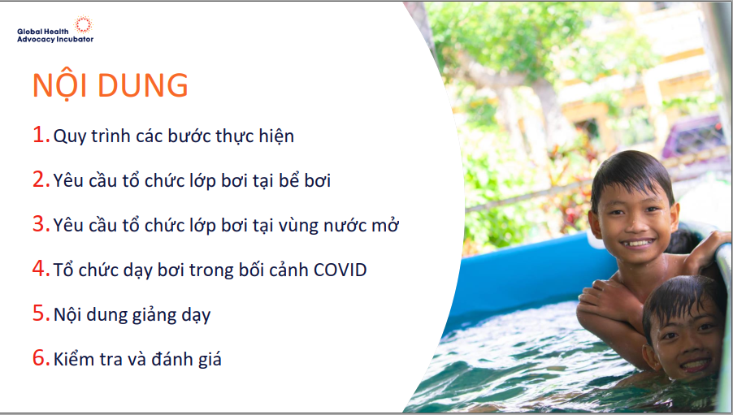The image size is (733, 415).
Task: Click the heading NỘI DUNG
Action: pyautogui.click(x=111, y=85)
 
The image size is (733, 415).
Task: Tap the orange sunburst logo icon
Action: pyautogui.click(x=84, y=24)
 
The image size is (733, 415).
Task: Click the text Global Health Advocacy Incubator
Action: pyautogui.click(x=55, y=36)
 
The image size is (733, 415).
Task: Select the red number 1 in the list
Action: pyautogui.click(x=41, y=135)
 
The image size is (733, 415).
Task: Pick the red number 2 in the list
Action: pyautogui.click(x=41, y=179)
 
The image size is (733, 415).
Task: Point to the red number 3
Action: pyautogui.click(x=41, y=224)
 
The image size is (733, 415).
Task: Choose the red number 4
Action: pyautogui.click(x=41, y=268)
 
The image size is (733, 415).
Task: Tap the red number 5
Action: pyautogui.click(x=41, y=313)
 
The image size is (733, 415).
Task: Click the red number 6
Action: pyautogui.click(x=41, y=357)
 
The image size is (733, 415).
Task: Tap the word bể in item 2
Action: pyautogui.click(x=289, y=180)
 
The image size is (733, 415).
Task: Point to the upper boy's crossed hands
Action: pyautogui.click(x=603, y=299)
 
